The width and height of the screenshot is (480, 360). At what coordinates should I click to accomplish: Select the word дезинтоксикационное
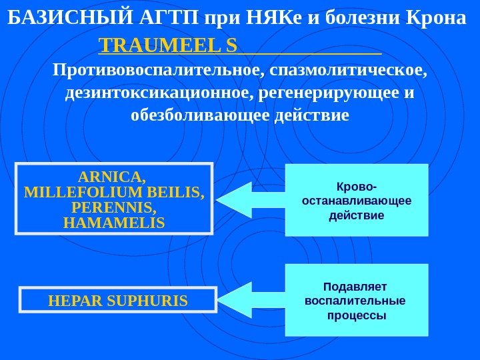(x=156, y=92)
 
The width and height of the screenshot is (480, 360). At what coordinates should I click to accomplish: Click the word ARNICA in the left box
(x=112, y=177)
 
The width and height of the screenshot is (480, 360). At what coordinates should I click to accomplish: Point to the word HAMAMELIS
(x=113, y=222)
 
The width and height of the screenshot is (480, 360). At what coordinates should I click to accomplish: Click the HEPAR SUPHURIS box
(x=118, y=301)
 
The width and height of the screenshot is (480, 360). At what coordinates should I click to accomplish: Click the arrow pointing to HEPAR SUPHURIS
(x=251, y=299)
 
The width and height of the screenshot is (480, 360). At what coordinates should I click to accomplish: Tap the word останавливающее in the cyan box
(x=357, y=201)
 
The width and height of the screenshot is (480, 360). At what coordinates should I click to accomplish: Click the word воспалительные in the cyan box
(x=355, y=301)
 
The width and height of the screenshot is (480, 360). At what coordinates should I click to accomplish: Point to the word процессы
(x=357, y=315)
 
